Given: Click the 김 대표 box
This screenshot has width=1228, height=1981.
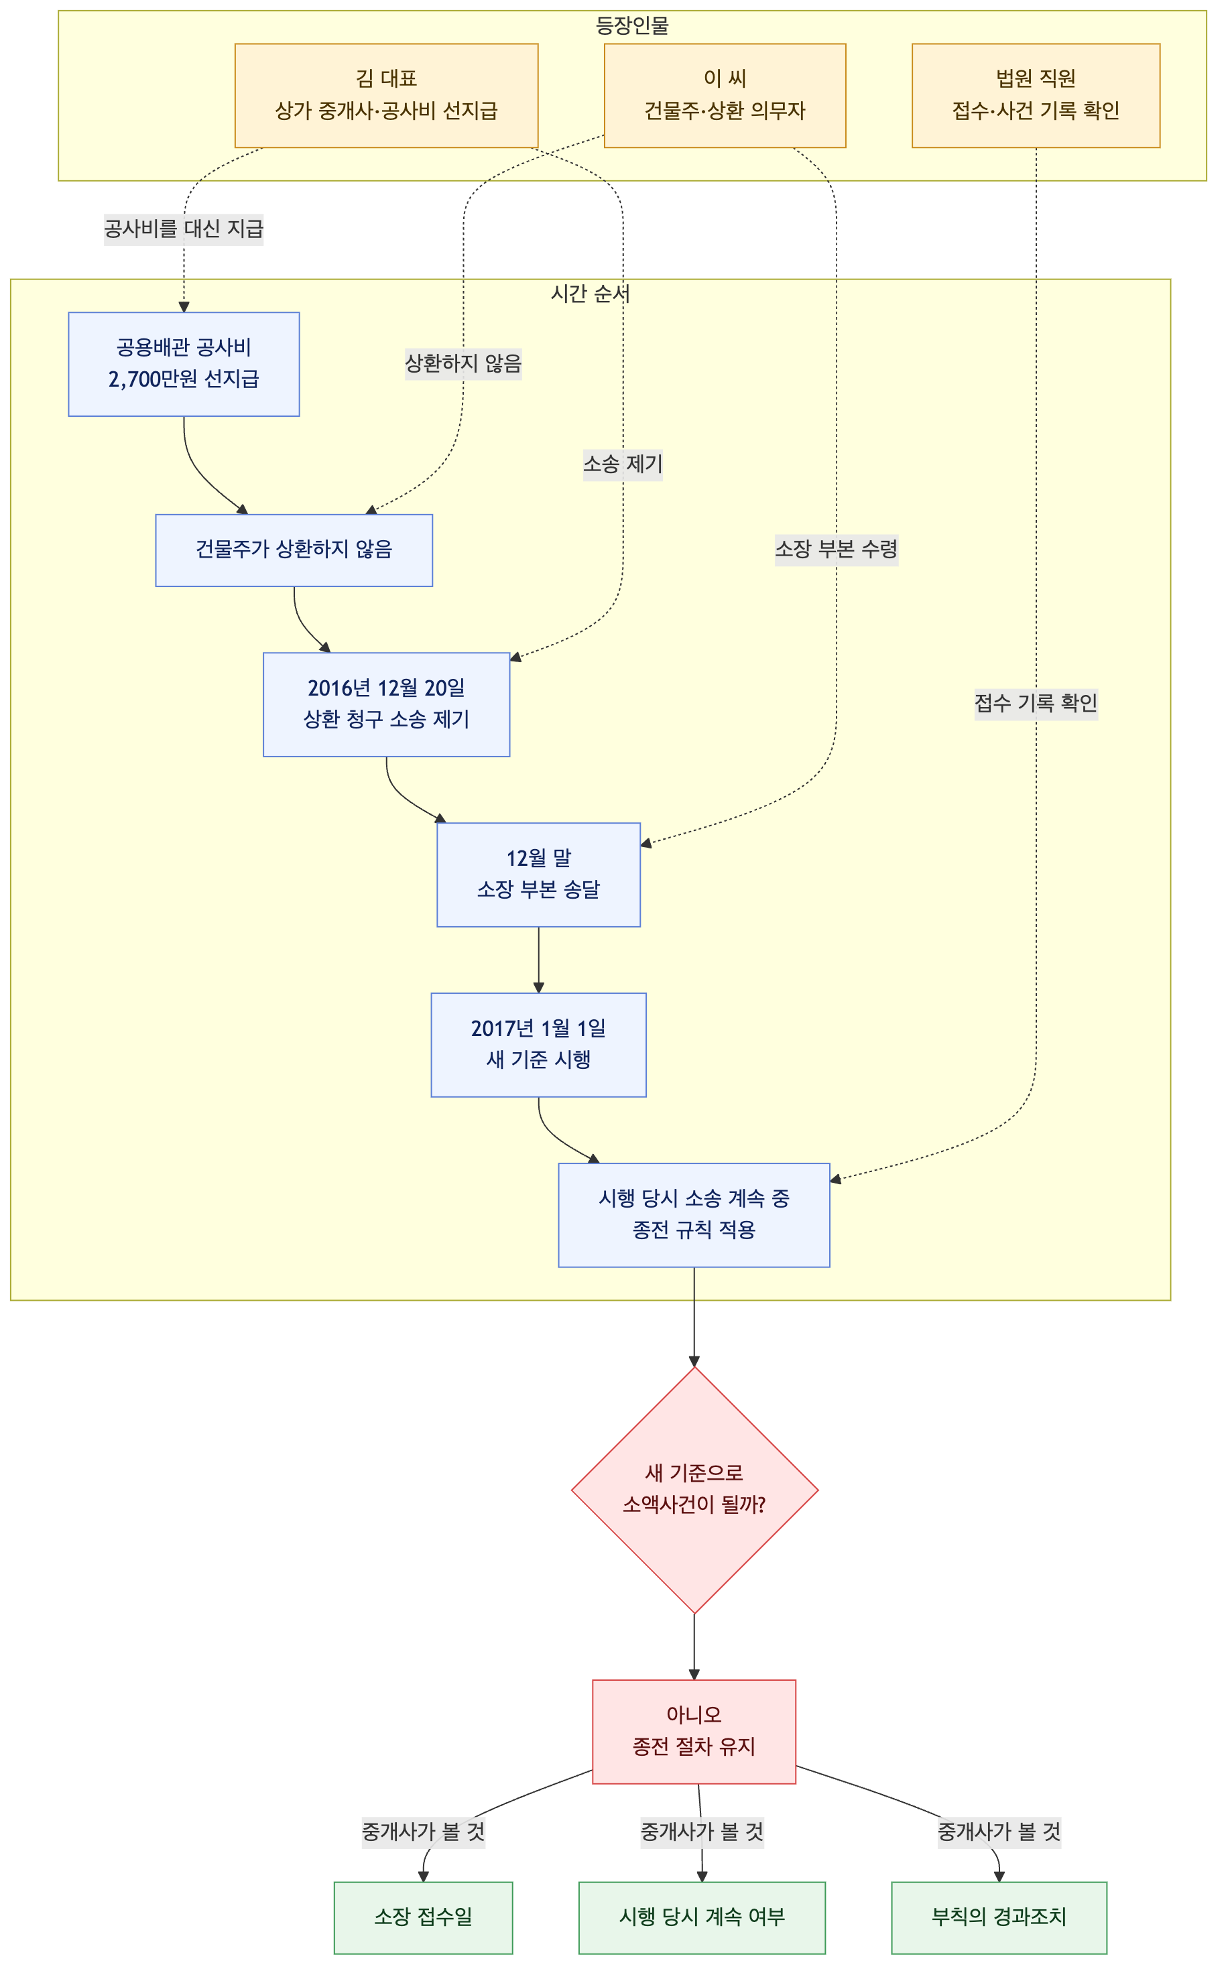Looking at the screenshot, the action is click(386, 96).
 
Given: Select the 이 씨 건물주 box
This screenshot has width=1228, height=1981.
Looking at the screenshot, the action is click(725, 96).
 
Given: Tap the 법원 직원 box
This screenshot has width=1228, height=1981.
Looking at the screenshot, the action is click(1036, 96).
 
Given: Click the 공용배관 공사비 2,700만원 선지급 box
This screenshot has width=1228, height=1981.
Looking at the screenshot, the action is click(184, 364).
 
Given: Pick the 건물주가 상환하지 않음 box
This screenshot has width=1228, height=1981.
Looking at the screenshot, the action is click(294, 550).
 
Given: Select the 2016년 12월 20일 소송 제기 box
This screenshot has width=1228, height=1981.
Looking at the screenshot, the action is click(386, 704).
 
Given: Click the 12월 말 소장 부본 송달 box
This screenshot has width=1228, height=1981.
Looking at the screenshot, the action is click(538, 875).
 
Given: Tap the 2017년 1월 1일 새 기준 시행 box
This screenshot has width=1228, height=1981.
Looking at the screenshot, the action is click(538, 1044).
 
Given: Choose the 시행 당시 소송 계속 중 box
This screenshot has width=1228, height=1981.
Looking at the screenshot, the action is click(694, 1214).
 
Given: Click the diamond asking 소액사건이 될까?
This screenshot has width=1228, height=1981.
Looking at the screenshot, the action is click(694, 1490).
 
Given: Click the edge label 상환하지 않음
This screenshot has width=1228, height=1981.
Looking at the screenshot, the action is click(463, 363).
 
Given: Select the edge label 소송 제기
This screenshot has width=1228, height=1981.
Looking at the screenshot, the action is click(623, 464).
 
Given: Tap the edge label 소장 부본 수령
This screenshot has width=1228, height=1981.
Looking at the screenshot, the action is click(837, 550).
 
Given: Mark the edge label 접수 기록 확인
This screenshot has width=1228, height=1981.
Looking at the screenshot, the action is click(1036, 703).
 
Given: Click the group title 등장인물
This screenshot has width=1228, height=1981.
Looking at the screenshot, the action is click(632, 26).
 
